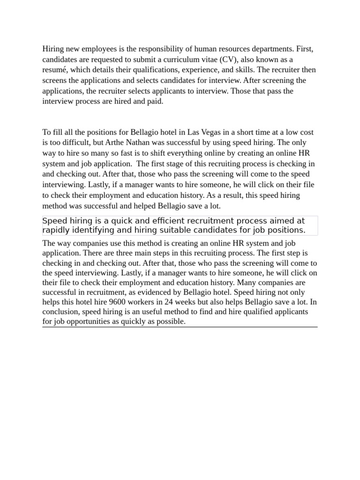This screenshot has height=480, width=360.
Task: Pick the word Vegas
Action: point(200,133)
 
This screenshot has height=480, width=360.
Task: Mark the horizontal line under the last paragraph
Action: point(180,327)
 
